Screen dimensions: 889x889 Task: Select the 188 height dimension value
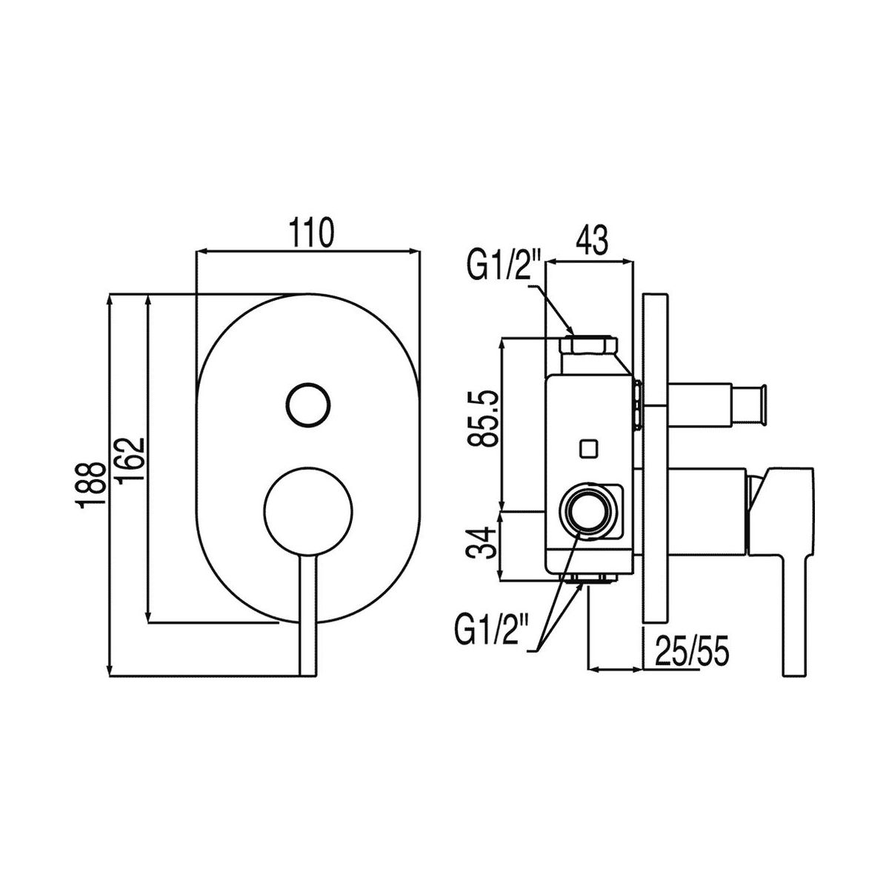(x=95, y=486)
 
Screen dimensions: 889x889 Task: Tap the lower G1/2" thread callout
(x=491, y=631)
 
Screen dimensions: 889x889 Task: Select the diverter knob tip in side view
(x=759, y=404)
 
